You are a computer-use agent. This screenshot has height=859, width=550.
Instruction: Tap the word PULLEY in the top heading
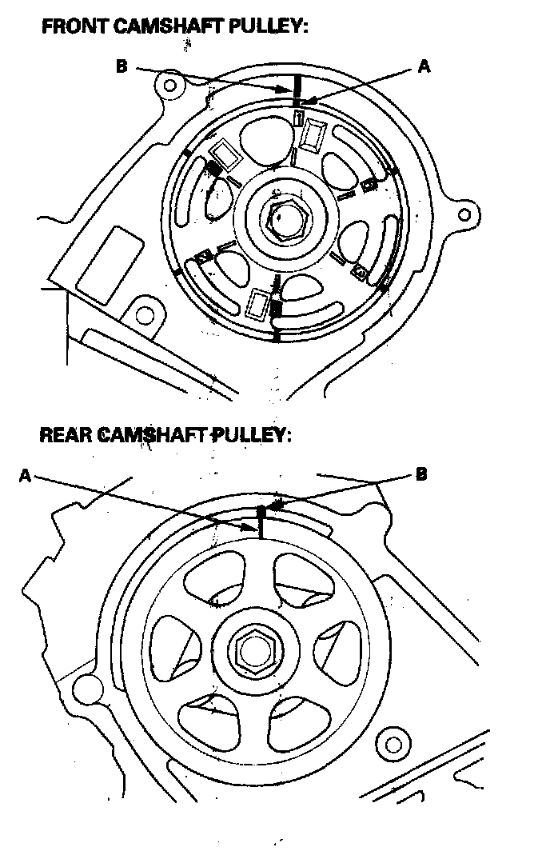tap(268, 26)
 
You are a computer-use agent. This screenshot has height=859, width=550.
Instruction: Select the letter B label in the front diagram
tap(122, 66)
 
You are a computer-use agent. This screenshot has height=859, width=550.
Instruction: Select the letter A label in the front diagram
tap(424, 66)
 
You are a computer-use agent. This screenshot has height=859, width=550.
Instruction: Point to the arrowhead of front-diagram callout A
tap(303, 102)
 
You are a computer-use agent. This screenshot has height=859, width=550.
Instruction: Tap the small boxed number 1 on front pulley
tap(298, 117)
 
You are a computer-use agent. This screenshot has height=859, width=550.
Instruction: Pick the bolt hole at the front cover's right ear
tap(464, 214)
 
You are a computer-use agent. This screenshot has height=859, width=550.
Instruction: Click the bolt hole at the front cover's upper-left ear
tap(170, 85)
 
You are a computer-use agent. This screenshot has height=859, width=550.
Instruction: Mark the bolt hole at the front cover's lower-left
tap(145, 316)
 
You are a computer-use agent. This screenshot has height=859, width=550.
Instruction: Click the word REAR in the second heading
tap(66, 435)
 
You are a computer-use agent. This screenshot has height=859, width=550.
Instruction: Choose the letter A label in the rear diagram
tap(26, 475)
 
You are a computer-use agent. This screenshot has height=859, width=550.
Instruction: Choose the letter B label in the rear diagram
tap(421, 473)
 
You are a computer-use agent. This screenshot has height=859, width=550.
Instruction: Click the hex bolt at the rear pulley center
tap(255, 651)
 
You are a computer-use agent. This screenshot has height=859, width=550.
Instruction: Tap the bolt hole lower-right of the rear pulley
tap(393, 745)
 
